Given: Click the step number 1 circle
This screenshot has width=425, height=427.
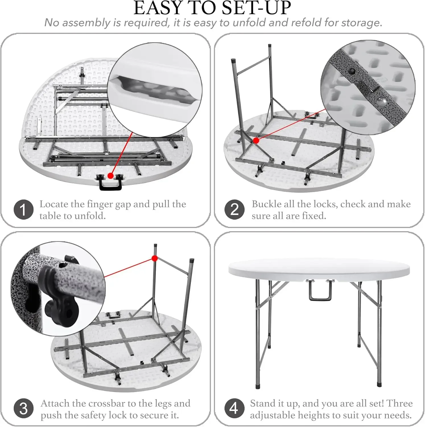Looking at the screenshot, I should pos(24,210).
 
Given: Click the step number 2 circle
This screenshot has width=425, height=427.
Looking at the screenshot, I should pos(234,210).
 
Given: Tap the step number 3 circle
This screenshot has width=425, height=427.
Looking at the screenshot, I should pos(24,408).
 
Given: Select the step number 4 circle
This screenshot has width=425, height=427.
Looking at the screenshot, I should pos(234,408).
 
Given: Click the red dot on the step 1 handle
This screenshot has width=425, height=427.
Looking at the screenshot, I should pos(110,176).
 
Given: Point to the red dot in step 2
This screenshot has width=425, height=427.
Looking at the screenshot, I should pos(256,140).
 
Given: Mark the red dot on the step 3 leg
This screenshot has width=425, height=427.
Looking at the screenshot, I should pos(155,258).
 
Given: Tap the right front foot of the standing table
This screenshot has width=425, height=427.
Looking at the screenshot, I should pos(379,387).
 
